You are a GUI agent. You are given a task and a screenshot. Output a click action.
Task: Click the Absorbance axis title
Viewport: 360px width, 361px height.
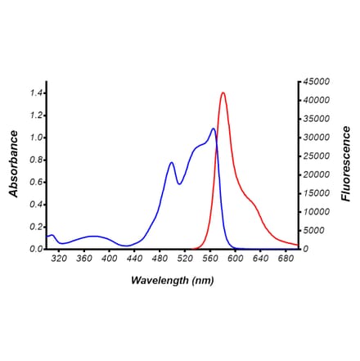(x=14, y=165)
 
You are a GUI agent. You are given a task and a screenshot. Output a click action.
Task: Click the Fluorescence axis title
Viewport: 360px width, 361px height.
(x=345, y=164)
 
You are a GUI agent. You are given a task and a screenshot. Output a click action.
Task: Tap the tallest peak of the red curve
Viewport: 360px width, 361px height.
(x=223, y=93)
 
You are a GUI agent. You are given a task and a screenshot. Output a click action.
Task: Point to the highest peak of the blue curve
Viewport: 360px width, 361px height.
(x=214, y=129)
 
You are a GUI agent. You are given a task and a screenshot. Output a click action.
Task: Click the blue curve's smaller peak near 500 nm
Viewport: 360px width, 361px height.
(x=172, y=163)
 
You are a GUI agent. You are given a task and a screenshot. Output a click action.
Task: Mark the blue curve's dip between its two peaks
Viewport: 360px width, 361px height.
(x=179, y=183)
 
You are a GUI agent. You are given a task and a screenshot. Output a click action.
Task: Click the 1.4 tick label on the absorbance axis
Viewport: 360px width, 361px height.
(x=35, y=93)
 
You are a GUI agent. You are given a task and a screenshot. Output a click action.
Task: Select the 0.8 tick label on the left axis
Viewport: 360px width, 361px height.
(x=35, y=160)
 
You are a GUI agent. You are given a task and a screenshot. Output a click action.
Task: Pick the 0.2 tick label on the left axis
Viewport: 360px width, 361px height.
(x=35, y=227)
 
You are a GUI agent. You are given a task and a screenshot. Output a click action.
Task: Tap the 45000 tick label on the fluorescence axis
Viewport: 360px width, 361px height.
(x=317, y=82)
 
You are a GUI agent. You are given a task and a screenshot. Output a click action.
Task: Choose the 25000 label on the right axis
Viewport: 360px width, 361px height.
(x=317, y=156)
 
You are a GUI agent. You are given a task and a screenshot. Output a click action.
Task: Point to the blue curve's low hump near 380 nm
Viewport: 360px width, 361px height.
(x=95, y=237)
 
